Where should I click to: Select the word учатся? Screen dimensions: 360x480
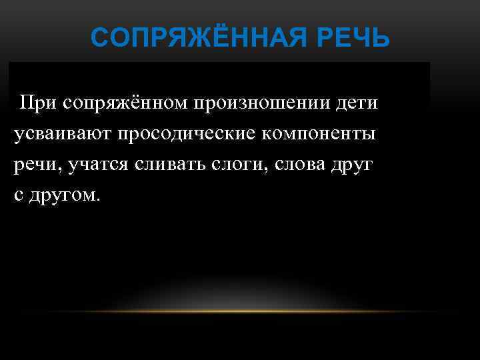(x=101, y=165)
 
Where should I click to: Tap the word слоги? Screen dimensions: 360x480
(x=235, y=165)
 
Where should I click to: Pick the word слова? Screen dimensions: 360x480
(x=294, y=164)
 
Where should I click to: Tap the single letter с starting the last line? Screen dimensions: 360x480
(x=18, y=195)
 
